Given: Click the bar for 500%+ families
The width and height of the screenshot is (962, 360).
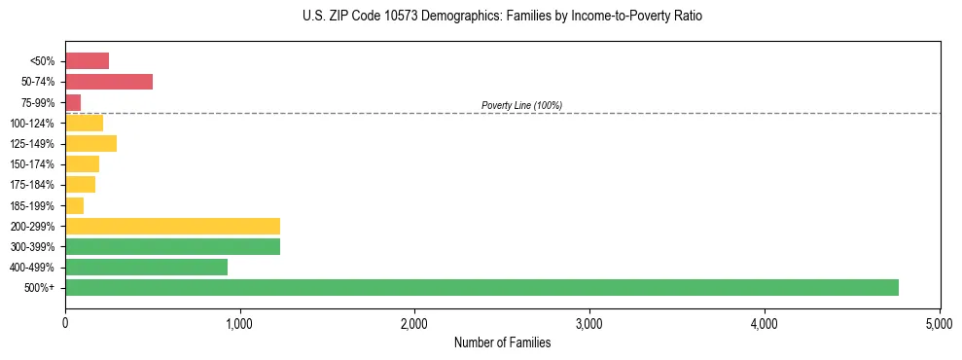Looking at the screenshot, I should click(481, 287).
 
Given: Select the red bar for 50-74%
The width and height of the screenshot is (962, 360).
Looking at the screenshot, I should click(109, 82).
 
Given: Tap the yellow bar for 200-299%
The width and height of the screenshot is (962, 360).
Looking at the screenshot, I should click(172, 226).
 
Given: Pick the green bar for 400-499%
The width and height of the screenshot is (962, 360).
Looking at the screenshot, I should click(146, 267).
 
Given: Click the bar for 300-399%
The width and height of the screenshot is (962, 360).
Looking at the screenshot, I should click(172, 246).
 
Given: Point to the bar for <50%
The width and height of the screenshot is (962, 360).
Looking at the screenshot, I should click(87, 61).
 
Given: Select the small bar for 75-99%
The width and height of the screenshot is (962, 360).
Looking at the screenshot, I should click(73, 102).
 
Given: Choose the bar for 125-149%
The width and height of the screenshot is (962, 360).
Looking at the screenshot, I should click(90, 143).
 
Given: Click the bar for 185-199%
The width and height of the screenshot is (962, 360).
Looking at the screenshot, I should click(74, 205).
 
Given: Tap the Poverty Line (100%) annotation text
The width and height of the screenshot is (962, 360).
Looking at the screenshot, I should click(521, 105).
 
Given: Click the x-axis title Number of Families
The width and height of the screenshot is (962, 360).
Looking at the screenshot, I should click(503, 342).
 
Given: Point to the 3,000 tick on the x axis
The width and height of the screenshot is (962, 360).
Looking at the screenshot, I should click(589, 322).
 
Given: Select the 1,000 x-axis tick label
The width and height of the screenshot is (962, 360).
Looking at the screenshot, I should click(239, 322).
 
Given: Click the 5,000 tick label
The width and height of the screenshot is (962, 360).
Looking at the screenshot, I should click(939, 322).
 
